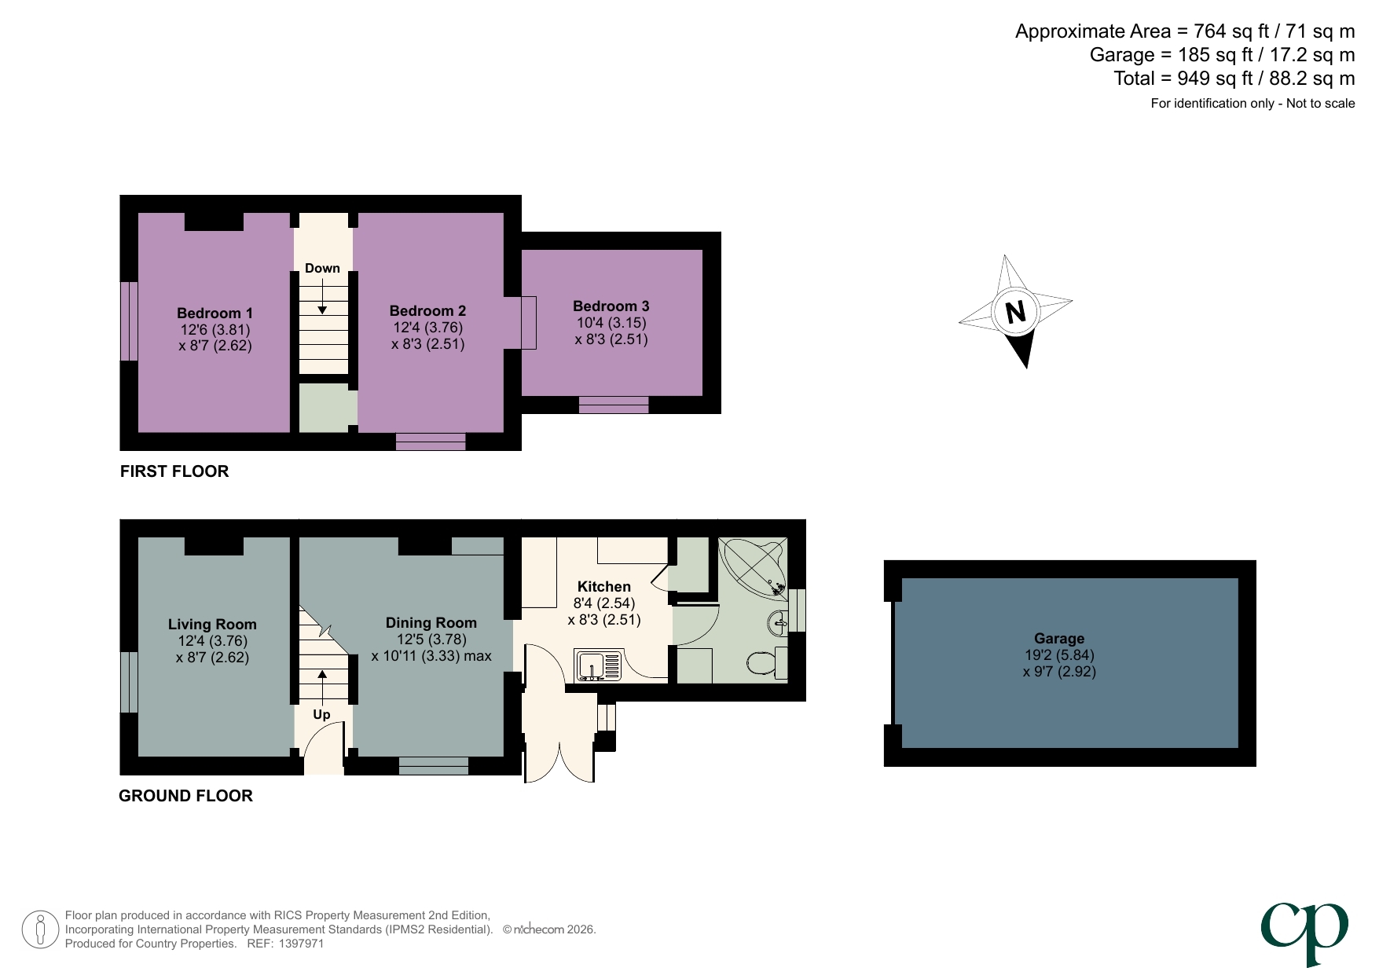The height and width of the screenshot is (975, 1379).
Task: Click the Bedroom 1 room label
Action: click(x=215, y=313)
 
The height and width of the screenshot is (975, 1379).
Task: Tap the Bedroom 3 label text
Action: click(x=611, y=306)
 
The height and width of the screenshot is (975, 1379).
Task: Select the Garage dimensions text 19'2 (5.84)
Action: click(x=1058, y=654)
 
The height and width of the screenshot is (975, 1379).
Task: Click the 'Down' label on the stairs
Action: click(x=322, y=268)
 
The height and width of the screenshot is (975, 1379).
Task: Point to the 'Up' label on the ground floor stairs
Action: click(x=321, y=714)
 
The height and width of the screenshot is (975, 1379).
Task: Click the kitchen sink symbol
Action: click(x=600, y=665)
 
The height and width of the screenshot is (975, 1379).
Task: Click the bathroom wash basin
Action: click(x=776, y=623)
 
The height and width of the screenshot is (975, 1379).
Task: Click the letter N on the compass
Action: click(x=1015, y=312)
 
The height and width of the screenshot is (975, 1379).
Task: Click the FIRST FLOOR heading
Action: click(x=174, y=471)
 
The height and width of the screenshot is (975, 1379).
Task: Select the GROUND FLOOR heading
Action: click(x=185, y=796)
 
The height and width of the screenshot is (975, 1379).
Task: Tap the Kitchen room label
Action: click(x=603, y=587)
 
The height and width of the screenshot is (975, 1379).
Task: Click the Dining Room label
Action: click(x=431, y=623)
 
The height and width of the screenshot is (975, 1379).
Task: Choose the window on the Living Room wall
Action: click(x=129, y=682)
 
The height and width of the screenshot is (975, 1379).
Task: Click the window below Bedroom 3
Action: click(x=614, y=405)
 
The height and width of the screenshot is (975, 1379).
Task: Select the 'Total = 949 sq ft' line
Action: click(x=1234, y=79)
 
